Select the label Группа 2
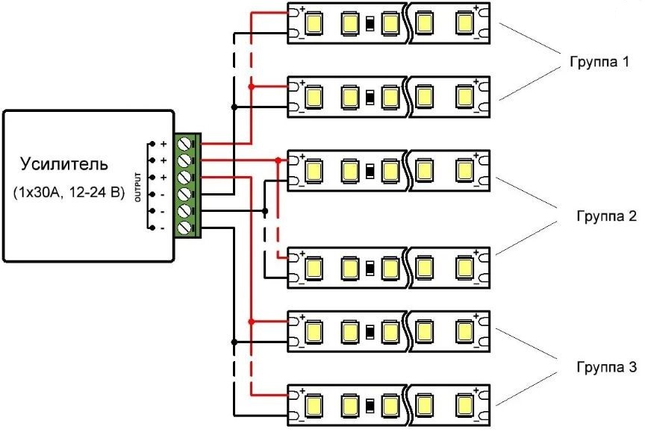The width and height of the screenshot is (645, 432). coord(605,216)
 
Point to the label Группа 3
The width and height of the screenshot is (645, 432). coord(605,368)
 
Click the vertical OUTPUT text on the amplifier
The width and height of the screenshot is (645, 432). coord(137,186)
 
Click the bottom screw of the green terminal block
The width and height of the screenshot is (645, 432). coord(187,228)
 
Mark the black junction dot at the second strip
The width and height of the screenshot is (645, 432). coord(235,107)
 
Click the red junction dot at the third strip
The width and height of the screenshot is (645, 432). coord(279,160)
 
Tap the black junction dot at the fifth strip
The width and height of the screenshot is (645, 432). coord(235,342)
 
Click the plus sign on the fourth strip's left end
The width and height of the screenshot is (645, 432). coord(303,255)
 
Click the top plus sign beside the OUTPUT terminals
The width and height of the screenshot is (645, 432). coord(163,143)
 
